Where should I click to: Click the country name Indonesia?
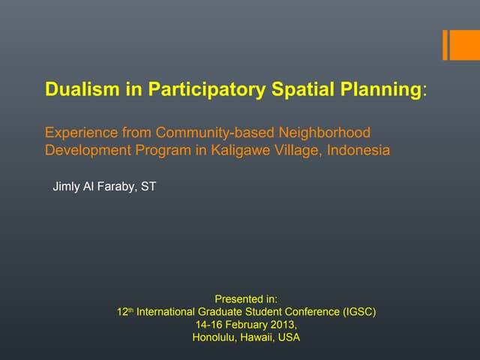coord(355,150)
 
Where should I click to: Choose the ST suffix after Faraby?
coord(148,186)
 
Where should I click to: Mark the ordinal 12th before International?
coord(124,311)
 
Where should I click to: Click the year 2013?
coord(282,324)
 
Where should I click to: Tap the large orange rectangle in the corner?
coord(461,45)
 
